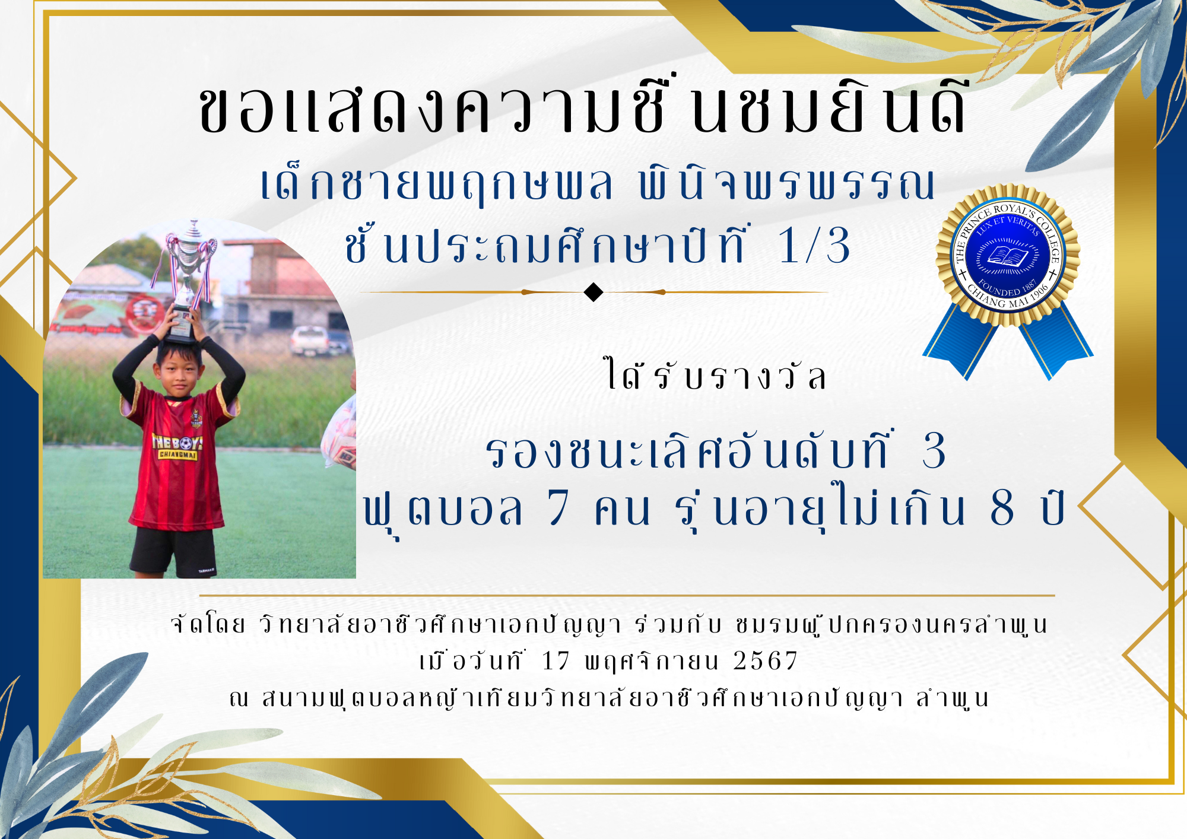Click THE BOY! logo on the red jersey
tap(177, 447)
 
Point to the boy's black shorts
tap(173, 551)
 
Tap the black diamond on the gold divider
tap(593, 293)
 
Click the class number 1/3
tap(814, 246)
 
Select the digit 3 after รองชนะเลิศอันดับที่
tap(934, 451)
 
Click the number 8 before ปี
tap(1002, 508)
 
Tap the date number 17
tap(556, 661)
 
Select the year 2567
tap(766, 661)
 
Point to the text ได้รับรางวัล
tap(715, 375)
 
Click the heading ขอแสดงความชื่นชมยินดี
tap(584, 106)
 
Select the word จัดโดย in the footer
tap(208, 624)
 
